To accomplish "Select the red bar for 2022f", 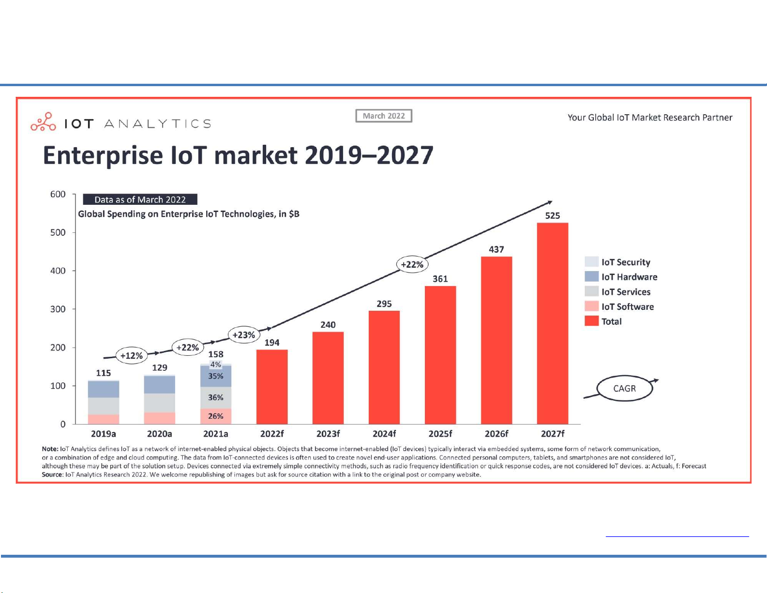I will [271, 387].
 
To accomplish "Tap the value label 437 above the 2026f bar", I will [496, 249].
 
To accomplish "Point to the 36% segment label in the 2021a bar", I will [215, 397].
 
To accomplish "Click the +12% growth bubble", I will [131, 356].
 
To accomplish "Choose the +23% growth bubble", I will [243, 335].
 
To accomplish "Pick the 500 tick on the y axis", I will [58, 232].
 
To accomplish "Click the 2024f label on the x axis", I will [384, 434].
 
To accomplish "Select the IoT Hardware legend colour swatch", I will [591, 276].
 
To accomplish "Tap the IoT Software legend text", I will [627, 306].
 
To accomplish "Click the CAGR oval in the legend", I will [624, 388].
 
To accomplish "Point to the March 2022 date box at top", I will [384, 116].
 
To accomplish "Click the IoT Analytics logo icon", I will [43, 122].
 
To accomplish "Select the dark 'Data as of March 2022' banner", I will [140, 199].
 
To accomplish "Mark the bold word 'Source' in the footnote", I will [52, 474].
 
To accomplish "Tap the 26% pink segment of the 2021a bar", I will [215, 416].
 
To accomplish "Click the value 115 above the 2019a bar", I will [103, 373].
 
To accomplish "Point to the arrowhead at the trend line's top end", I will [549, 202].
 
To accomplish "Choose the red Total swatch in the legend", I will [591, 321].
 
